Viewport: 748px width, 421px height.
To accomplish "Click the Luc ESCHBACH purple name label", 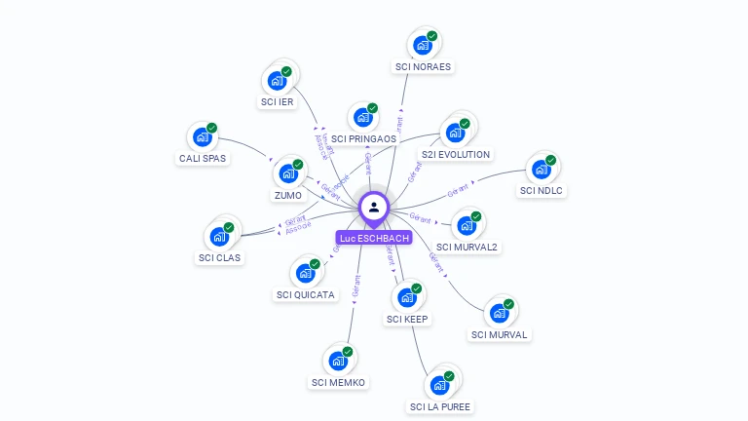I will point(374,238).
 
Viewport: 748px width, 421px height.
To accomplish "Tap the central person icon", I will point(374,207).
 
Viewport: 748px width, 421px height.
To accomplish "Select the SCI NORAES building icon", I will point(422,45).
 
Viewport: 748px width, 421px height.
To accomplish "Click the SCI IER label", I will point(278,101).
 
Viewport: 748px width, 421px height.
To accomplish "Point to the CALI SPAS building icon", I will point(202,136).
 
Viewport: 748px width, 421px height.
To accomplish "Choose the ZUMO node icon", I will point(287,173).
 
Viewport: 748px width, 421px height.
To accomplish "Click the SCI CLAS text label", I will point(220,258).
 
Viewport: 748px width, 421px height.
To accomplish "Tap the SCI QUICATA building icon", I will point(305,272).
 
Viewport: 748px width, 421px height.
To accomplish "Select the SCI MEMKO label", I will point(338,383).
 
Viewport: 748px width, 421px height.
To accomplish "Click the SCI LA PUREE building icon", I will point(439,384).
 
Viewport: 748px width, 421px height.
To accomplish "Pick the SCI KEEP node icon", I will point(406,296).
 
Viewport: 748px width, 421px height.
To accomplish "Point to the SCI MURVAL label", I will point(499,335).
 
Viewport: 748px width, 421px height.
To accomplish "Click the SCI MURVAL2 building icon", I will point(467,225).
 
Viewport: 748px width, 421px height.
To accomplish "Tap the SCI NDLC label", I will point(542,191).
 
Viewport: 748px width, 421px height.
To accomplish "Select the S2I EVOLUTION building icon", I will point(455,133).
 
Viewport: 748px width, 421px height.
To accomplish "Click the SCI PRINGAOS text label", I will point(363,139).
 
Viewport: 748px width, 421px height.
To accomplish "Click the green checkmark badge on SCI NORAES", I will point(432,36).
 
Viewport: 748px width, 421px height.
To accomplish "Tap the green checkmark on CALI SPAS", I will point(211,128).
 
